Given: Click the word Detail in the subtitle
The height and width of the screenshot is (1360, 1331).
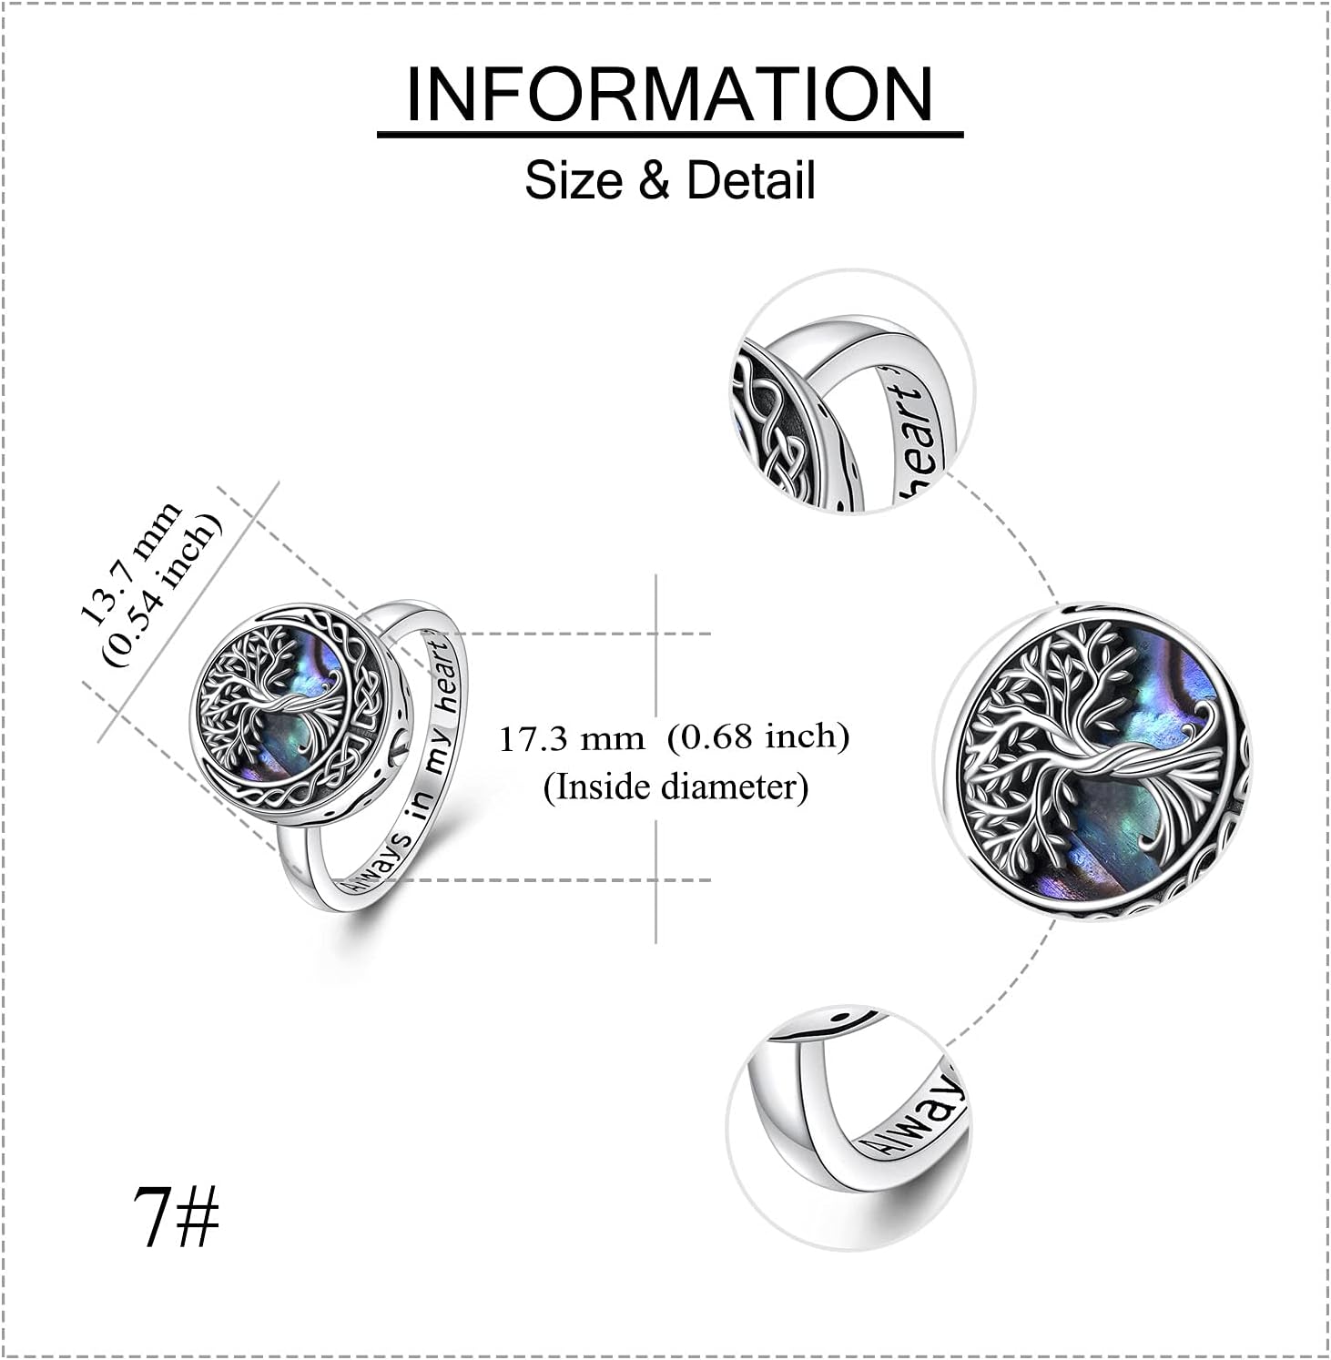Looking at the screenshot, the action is pyautogui.click(x=750, y=179).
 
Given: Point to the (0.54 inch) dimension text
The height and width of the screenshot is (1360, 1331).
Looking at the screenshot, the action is pyautogui.click(x=164, y=589).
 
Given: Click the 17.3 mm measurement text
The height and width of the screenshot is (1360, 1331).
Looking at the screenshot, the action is pyautogui.click(x=571, y=737).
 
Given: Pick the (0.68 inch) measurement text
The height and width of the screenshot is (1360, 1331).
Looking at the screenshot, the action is pyautogui.click(x=758, y=736).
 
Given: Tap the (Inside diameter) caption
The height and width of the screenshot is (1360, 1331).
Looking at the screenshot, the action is pyautogui.click(x=676, y=787).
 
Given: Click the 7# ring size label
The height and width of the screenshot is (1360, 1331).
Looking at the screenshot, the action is pyautogui.click(x=176, y=1216).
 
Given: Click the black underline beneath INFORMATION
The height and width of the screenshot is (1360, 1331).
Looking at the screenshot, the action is pyautogui.click(x=670, y=135).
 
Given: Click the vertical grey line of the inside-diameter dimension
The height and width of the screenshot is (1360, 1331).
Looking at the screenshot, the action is pyautogui.click(x=656, y=757).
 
